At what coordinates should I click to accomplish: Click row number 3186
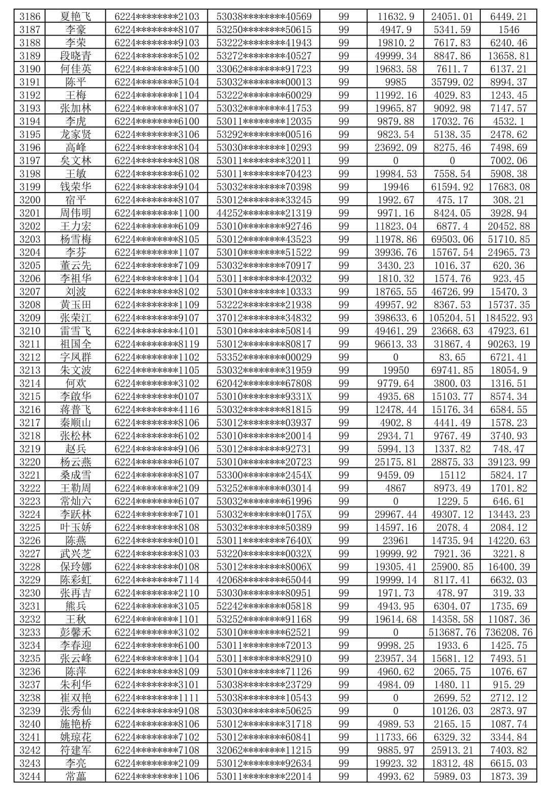point(29,17)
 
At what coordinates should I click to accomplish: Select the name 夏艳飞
point(76,17)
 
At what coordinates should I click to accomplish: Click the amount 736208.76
point(509,633)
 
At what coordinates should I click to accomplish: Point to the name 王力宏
point(76,226)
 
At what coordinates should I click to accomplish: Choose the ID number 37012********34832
point(264,318)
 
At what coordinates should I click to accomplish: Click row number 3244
point(29,776)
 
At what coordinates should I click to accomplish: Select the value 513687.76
point(452,633)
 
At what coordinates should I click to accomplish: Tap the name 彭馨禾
point(76,633)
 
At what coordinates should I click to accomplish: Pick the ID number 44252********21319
point(264,213)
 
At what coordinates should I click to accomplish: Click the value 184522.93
point(509,318)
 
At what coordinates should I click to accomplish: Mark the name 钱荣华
point(76,187)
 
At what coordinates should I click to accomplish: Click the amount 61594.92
point(452,187)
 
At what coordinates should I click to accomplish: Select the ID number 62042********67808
point(264,384)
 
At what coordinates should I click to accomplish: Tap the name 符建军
point(76,750)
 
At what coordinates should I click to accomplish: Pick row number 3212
point(29,357)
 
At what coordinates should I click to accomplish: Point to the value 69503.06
point(452,239)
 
